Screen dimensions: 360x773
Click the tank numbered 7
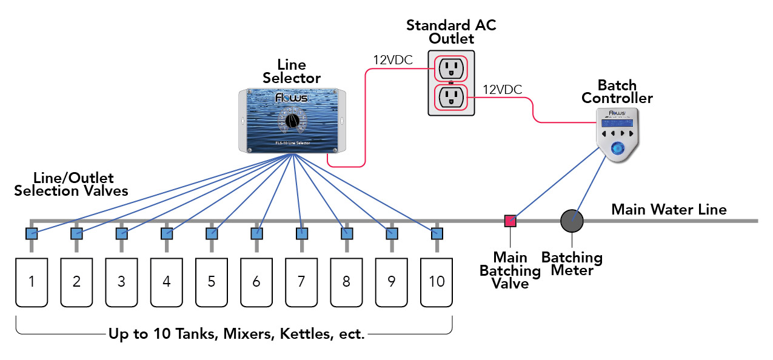[x=301, y=282]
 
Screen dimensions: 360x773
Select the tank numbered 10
[x=437, y=282]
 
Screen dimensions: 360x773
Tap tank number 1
[x=32, y=282]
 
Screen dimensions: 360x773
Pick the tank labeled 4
[x=167, y=282]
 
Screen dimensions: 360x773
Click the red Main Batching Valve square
[x=510, y=221]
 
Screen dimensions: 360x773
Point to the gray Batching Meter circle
[x=572, y=221]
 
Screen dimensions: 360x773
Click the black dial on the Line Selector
[x=292, y=120]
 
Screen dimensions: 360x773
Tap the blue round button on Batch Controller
[x=617, y=149]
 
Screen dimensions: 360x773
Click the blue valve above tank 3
[x=121, y=233]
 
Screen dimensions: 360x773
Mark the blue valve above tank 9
[x=392, y=233]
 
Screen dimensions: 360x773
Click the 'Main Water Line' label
[x=668, y=210]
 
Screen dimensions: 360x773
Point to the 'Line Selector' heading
[x=292, y=72]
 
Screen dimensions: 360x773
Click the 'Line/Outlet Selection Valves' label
[x=71, y=185]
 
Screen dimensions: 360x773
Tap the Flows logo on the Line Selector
[x=292, y=98]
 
